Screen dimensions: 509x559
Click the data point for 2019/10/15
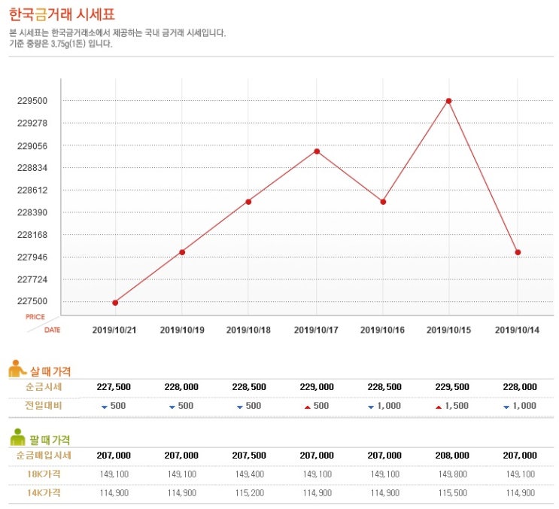449,101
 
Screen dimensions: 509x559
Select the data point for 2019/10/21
115,303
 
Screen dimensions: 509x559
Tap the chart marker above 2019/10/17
317,151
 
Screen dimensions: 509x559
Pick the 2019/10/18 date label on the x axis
248,330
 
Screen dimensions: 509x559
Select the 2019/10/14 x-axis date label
517,330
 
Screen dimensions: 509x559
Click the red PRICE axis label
35,317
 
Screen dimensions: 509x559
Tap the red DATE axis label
52,330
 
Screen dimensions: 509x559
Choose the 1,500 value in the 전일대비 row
457,406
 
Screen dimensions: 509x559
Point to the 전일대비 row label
43,406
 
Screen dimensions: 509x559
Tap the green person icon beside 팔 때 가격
17,438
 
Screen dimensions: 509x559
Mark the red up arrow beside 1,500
439,407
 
